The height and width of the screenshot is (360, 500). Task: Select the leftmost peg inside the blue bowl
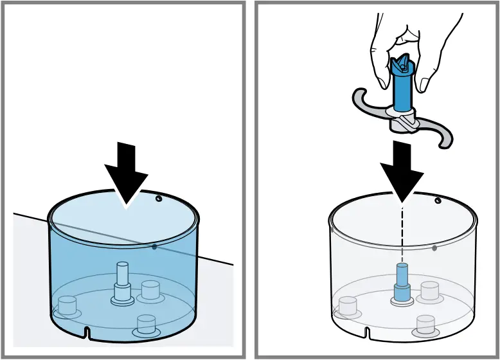(66, 305)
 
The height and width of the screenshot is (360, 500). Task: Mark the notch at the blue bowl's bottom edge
(87, 332)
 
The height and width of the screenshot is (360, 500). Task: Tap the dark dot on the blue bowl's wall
(154, 246)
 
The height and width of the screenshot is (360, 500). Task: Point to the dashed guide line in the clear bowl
(402, 231)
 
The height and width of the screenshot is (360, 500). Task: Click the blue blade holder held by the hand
(401, 84)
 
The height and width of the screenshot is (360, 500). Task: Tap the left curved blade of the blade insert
(366, 104)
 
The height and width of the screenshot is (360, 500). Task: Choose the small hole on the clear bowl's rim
(438, 201)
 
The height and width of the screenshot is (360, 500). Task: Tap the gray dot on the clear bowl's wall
(434, 248)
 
